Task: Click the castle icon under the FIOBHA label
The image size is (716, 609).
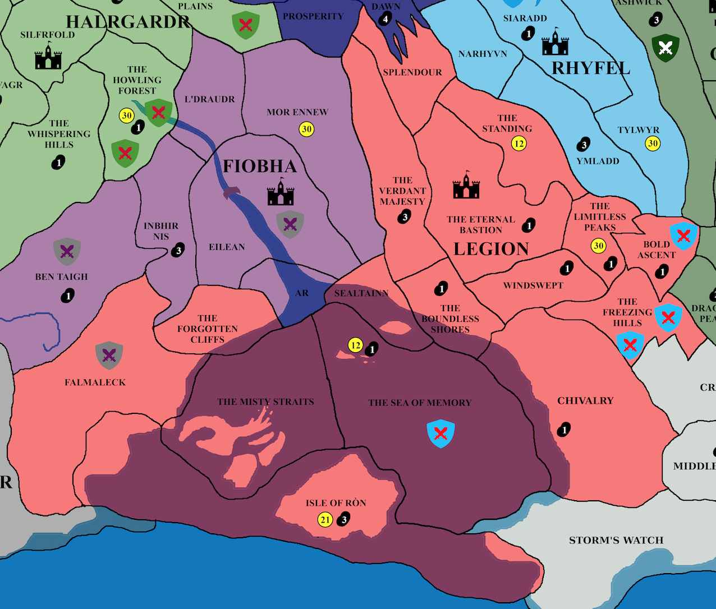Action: pos(281,192)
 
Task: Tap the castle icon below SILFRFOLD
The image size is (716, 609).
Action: pos(48,56)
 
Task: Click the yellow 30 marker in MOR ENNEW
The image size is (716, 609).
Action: pos(306,130)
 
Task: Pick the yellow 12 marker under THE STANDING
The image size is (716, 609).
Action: pos(519,144)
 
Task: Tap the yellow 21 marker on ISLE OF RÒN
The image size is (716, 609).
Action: pos(325,520)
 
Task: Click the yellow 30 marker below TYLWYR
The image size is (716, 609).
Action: pos(653,144)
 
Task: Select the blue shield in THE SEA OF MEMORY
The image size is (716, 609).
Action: pos(440,433)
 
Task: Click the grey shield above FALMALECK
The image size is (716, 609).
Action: pos(109,355)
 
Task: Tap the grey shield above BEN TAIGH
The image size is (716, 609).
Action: pos(67,251)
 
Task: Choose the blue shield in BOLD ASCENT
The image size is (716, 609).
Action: pos(683,236)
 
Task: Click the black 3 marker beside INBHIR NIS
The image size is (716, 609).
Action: pos(178,251)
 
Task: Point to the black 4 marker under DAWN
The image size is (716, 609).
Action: pos(385,20)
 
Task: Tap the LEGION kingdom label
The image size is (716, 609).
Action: pos(491,249)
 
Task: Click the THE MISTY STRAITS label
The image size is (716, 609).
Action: pos(265,402)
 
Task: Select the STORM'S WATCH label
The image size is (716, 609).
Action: pos(616,541)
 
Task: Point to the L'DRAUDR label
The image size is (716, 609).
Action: pos(210,99)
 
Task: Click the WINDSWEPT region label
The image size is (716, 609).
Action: pos(533,285)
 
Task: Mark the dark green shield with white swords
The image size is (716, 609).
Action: pos(665,48)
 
